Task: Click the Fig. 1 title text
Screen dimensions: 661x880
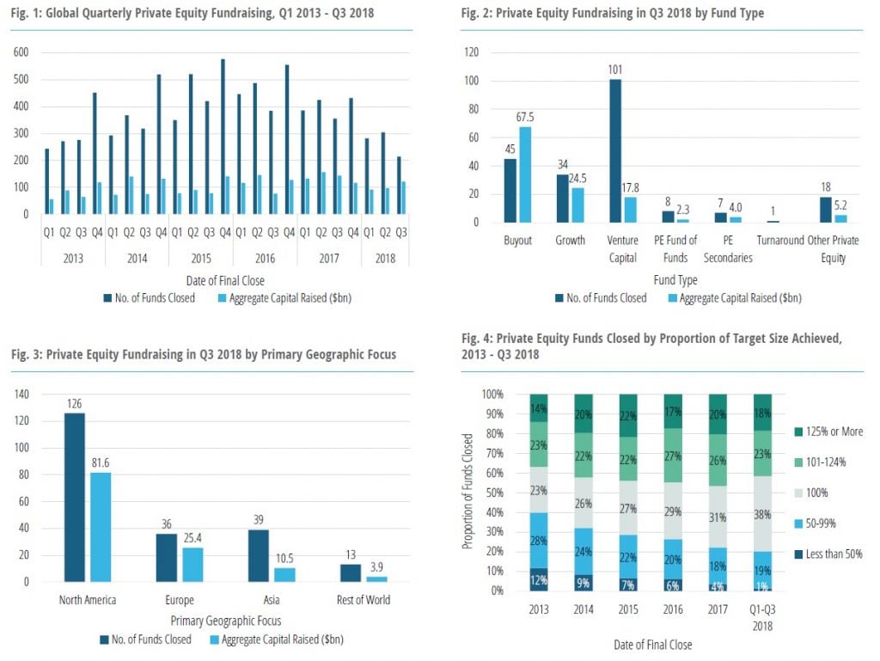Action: point(193,14)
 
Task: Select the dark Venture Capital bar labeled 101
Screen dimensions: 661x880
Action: point(614,150)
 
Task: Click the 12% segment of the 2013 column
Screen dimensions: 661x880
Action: point(539,578)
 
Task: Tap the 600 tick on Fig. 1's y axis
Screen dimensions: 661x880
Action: point(21,52)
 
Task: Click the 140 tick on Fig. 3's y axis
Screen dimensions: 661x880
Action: point(21,394)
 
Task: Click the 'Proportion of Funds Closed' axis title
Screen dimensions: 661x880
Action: point(467,491)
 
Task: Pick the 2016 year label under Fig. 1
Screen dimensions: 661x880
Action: point(266,258)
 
